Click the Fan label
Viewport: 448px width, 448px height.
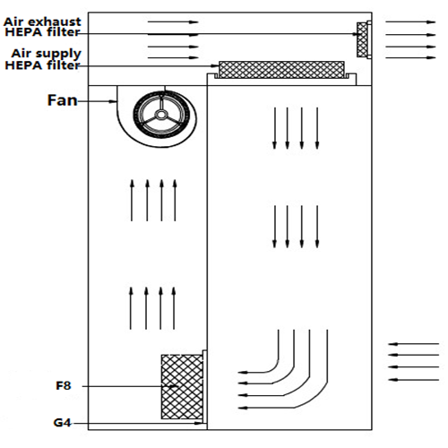point(63,100)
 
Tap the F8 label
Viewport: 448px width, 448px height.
point(64,385)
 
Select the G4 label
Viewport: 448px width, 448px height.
point(63,423)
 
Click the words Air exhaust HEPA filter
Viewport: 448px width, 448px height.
point(42,27)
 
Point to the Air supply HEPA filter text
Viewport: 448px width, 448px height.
point(43,59)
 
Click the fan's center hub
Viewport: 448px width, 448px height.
point(161,115)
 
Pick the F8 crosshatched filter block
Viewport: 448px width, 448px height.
point(182,387)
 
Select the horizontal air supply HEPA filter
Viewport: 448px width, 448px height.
point(281,70)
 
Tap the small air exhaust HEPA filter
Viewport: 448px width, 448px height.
point(362,39)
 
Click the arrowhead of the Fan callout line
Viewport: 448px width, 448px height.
point(114,101)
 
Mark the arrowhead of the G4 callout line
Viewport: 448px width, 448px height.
point(199,423)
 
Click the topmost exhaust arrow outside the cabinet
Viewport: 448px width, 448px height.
point(410,22)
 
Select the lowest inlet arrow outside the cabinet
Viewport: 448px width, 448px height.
point(414,380)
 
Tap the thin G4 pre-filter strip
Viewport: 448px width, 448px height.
point(205,386)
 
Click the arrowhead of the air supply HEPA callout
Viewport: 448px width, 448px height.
point(216,65)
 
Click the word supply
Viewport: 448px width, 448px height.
point(56,55)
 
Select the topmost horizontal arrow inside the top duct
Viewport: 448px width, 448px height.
point(173,22)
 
